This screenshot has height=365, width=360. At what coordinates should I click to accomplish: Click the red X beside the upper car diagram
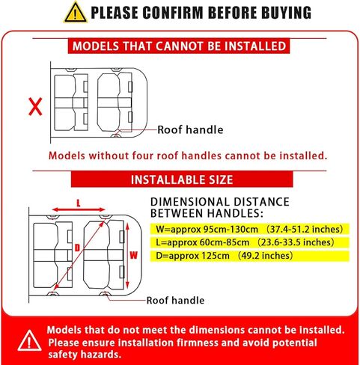coord(34,107)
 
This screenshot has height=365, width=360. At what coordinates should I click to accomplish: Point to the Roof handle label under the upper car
coord(190,130)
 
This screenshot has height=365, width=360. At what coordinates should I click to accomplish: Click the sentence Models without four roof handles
coord(188,156)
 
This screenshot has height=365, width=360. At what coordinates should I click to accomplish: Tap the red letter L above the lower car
coord(79,203)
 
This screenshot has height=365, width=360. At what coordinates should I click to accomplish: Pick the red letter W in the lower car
coord(134,254)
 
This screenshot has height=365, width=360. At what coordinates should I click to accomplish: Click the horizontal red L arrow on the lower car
coord(79,211)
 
